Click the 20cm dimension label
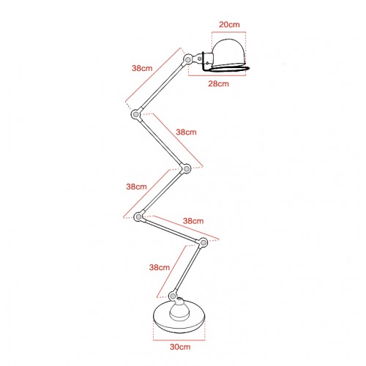click(x=229, y=25)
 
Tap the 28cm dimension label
click(x=218, y=83)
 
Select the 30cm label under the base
click(x=180, y=347)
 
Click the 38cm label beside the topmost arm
click(x=142, y=68)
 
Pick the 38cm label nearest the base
click(x=160, y=267)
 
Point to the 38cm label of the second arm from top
click(x=186, y=132)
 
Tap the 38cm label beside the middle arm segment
click(x=136, y=187)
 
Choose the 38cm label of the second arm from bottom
click(x=193, y=221)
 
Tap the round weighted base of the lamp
click(x=179, y=323)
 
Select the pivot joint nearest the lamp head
click(x=188, y=59)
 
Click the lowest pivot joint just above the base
click(x=173, y=296)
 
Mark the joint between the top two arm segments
click(x=135, y=114)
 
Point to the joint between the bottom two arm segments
click(x=203, y=242)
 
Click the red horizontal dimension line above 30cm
click(x=179, y=340)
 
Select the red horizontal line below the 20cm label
click(x=229, y=32)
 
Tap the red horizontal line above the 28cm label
click(x=217, y=75)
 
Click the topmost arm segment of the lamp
click(x=162, y=86)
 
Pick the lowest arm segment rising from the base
click(x=187, y=269)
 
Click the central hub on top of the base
click(x=179, y=309)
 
